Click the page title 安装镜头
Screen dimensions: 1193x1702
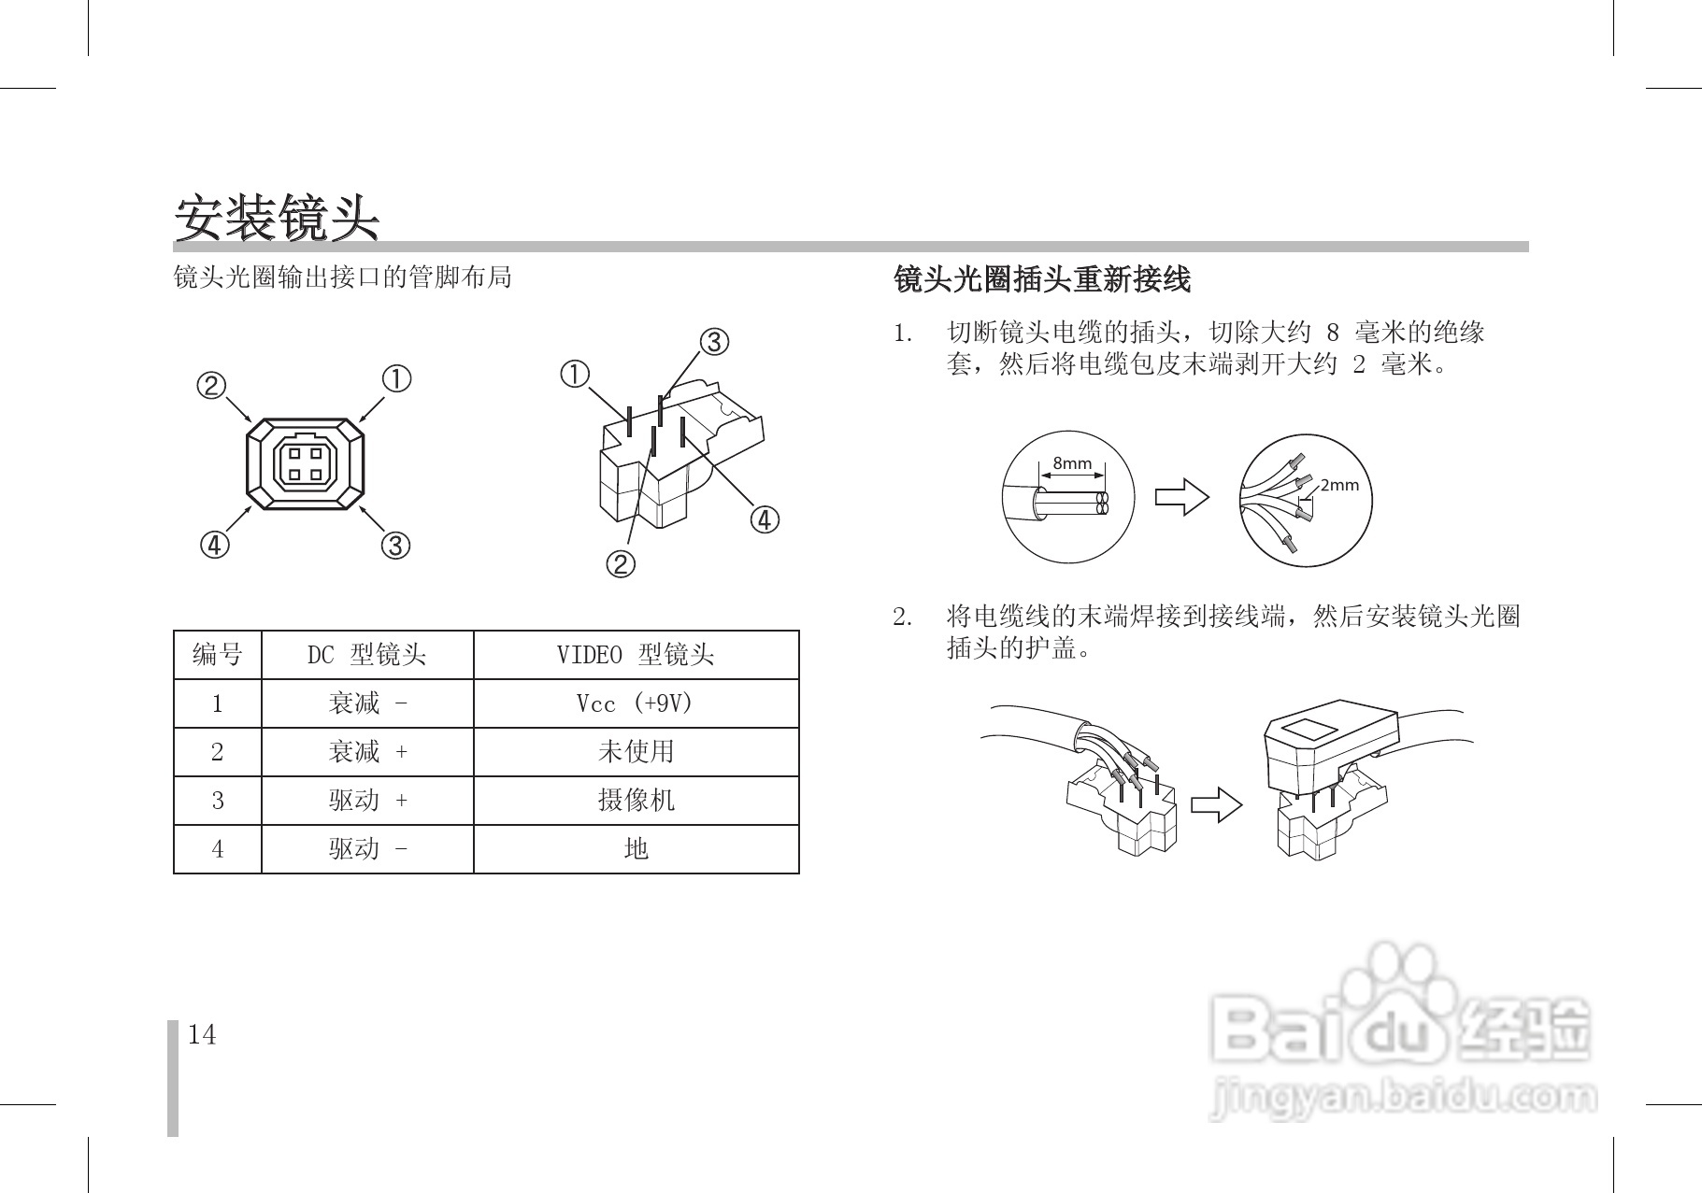(277, 218)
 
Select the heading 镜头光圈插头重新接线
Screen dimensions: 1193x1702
(1042, 278)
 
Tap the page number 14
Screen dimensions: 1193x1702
(202, 1035)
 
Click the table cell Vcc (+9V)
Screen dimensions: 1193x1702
(636, 703)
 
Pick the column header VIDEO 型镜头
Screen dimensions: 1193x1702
(636, 655)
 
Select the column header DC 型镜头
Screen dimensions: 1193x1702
(367, 655)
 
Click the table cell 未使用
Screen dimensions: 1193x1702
(636, 752)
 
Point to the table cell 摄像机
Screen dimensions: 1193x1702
(636, 801)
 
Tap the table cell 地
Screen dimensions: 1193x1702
(636, 849)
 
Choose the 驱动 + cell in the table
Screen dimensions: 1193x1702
(367, 801)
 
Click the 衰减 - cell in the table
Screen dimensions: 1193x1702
(367, 703)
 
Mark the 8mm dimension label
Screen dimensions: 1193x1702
(1072, 463)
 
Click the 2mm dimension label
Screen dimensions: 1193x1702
(1338, 485)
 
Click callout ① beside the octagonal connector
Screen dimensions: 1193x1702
(396, 379)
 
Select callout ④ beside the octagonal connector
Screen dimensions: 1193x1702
(214, 544)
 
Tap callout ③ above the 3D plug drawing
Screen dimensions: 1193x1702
(714, 342)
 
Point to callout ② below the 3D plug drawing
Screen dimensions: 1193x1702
(621, 563)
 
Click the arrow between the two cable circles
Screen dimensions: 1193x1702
(1181, 496)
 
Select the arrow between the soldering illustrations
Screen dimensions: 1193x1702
(1217, 804)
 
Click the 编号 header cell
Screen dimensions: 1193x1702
(217, 655)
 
